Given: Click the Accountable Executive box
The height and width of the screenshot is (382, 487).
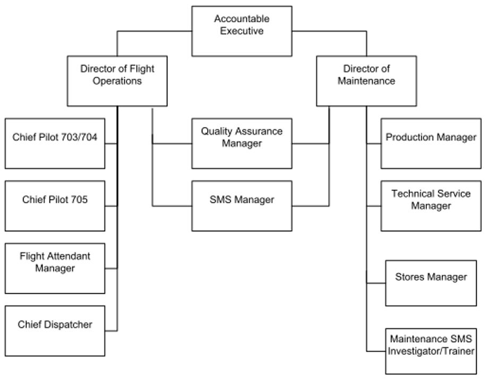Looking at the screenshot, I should [242, 31].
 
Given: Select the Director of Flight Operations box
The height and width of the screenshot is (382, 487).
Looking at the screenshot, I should [117, 80].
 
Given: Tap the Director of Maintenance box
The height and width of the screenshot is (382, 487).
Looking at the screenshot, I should [366, 80].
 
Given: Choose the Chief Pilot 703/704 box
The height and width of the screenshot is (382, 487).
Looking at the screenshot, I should [55, 143].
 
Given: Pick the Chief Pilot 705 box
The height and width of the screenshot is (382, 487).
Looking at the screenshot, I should [55, 205].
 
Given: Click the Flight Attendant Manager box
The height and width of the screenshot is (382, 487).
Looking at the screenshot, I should [55, 268].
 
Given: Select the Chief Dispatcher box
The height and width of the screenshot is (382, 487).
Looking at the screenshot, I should [55, 330].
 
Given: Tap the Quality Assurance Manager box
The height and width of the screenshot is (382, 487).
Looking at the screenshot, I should [242, 143].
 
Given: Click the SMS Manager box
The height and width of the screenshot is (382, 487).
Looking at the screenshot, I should [242, 205].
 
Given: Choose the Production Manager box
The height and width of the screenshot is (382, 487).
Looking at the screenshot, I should [431, 143].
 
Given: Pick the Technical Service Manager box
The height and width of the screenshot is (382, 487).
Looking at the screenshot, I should [431, 205].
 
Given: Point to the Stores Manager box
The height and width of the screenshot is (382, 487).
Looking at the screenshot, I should [431, 283].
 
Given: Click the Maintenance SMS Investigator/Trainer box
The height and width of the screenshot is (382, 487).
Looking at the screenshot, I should [431, 351].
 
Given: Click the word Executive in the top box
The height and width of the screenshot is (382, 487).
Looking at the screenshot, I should [242, 31].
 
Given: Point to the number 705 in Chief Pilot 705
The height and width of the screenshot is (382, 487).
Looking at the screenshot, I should [78, 200].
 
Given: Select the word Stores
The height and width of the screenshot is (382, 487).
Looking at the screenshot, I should [407, 277].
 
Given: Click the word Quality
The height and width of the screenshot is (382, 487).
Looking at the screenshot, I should [215, 131].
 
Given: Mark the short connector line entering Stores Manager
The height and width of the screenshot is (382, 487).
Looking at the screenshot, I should [375, 284].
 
